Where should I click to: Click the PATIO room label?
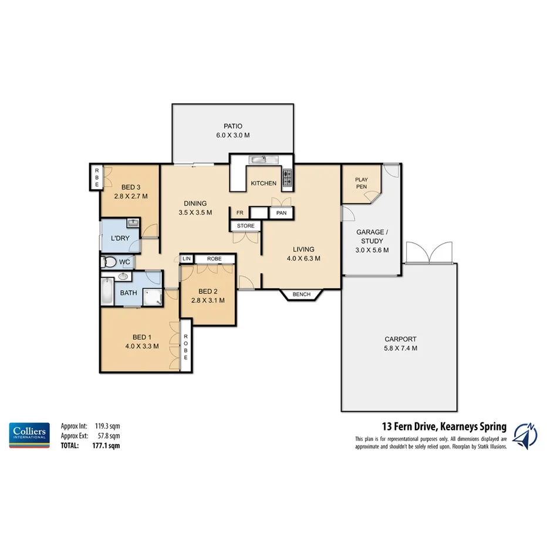click(232, 126)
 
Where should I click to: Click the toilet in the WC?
click(109, 262)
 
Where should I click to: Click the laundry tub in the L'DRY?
click(133, 224)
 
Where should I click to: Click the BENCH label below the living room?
click(302, 293)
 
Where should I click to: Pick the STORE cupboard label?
click(245, 226)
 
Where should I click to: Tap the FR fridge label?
click(239, 212)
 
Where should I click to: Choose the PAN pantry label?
click(281, 213)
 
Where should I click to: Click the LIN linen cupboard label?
click(187, 258)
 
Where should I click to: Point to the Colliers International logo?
click(28, 434)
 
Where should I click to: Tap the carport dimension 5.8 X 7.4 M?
click(400, 348)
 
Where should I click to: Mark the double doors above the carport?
click(430, 253)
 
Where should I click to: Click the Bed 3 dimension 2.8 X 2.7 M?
click(130, 196)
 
